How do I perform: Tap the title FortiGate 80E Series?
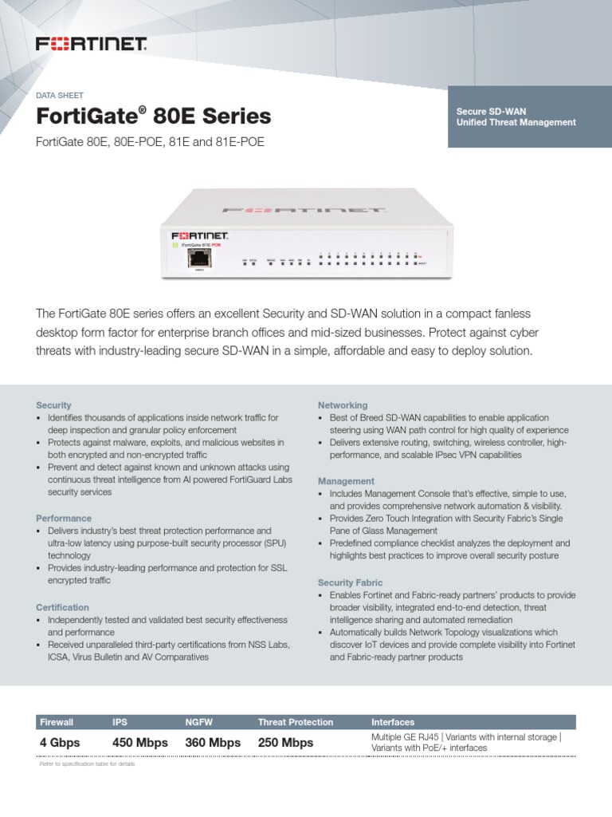154,117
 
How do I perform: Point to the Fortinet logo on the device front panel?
200,237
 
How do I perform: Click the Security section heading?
54,405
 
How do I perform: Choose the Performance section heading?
64,518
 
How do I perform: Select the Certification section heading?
63,607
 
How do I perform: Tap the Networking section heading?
343,405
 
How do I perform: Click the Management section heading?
346,481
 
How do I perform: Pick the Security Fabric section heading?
350,582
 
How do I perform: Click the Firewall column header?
57,722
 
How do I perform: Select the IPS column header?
120,722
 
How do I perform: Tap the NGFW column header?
199,722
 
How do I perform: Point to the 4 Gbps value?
61,743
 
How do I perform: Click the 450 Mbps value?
140,743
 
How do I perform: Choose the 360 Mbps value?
213,743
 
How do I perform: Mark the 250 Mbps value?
285,743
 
